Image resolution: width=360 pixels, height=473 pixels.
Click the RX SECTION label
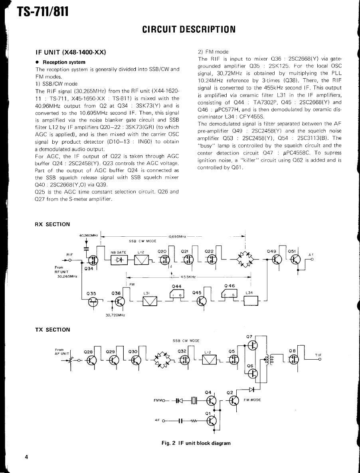[x=52, y=224]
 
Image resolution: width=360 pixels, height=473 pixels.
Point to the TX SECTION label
[x=52, y=330]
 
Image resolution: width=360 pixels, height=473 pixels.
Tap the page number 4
[x=26, y=457]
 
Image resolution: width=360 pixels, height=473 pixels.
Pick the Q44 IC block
[x=176, y=295]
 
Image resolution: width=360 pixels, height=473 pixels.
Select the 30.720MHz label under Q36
[x=116, y=315]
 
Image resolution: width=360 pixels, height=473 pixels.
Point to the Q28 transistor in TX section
[x=91, y=360]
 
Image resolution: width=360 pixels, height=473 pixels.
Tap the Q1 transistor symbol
[x=212, y=420]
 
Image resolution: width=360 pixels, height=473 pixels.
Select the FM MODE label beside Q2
[x=252, y=400]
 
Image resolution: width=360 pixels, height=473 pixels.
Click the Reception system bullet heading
[x=64, y=62]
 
